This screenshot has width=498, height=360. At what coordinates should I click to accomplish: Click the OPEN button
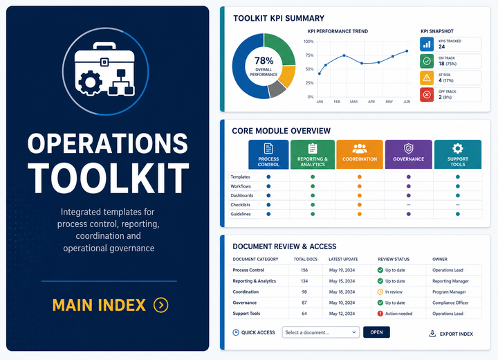click(376, 332)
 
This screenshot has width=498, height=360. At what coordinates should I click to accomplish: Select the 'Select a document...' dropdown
click(320, 332)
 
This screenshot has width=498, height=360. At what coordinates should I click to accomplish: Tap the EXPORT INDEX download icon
click(432, 334)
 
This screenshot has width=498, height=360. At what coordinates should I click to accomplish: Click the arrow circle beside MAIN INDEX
click(161, 305)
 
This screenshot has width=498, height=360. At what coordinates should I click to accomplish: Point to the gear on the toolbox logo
click(90, 82)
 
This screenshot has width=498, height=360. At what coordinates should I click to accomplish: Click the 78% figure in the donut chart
click(264, 60)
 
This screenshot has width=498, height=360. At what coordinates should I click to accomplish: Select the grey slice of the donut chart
click(277, 89)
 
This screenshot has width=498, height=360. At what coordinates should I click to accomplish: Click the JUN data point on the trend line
click(407, 51)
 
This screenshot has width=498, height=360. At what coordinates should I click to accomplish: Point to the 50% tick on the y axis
click(309, 69)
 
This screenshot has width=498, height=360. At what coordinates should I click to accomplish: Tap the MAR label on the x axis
click(354, 102)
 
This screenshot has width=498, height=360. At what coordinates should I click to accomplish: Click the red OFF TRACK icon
click(427, 95)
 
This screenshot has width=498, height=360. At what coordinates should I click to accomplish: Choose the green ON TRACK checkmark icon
click(427, 61)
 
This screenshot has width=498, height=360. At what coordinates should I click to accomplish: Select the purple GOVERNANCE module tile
click(409, 154)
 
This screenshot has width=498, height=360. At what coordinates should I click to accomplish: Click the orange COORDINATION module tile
click(360, 154)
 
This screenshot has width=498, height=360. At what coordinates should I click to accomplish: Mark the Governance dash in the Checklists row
click(409, 205)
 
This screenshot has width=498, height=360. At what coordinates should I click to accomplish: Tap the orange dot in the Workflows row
click(360, 186)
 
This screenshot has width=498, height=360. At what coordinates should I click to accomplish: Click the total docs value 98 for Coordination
click(304, 291)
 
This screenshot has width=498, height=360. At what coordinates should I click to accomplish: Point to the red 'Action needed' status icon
click(380, 314)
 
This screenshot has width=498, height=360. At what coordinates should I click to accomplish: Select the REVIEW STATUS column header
click(394, 259)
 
